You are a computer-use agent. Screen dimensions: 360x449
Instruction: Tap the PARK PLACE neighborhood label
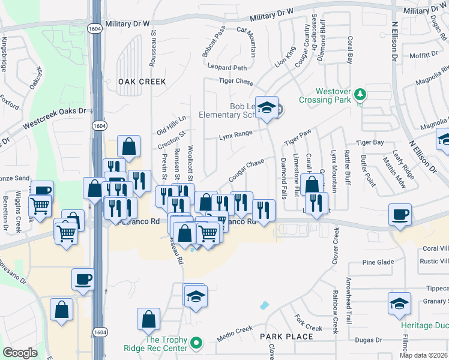click(x=286, y=337)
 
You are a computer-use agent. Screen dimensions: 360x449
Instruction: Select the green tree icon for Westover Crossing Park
click(x=360, y=94)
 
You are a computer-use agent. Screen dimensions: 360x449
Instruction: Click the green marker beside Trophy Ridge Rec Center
click(x=196, y=344)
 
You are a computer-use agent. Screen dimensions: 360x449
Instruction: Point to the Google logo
click(x=20, y=353)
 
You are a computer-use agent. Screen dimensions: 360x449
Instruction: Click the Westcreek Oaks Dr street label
click(x=55, y=119)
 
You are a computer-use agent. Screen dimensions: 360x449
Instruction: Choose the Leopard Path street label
click(x=228, y=68)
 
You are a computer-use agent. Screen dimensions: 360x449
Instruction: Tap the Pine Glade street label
click(x=378, y=262)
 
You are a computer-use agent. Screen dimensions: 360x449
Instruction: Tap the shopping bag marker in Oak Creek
click(x=129, y=146)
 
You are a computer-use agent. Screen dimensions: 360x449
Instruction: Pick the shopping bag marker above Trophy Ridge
click(x=148, y=319)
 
